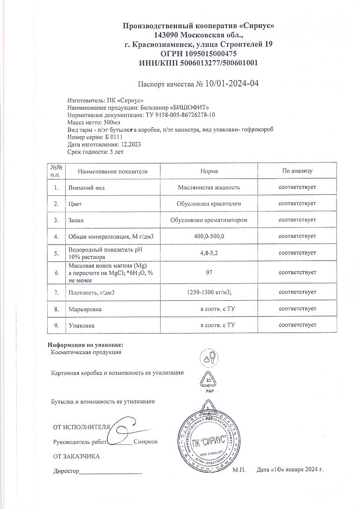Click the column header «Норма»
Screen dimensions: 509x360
tap(209, 171)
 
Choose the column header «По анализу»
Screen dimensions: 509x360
tap(297, 171)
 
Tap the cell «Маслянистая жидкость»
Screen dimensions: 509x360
tap(209, 187)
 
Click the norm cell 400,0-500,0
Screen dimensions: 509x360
tap(209, 236)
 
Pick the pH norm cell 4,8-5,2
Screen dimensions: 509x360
tap(209, 253)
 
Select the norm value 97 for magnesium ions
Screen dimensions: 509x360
tap(209, 273)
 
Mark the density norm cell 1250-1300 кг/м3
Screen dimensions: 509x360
tap(209, 293)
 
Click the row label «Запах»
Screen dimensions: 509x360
tap(74, 219)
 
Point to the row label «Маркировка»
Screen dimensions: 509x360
tap(83, 309)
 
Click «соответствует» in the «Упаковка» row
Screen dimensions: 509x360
tap(297, 325)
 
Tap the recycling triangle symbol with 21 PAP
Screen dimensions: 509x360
tap(209, 381)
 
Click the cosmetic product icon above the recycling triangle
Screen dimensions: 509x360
tap(208, 356)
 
